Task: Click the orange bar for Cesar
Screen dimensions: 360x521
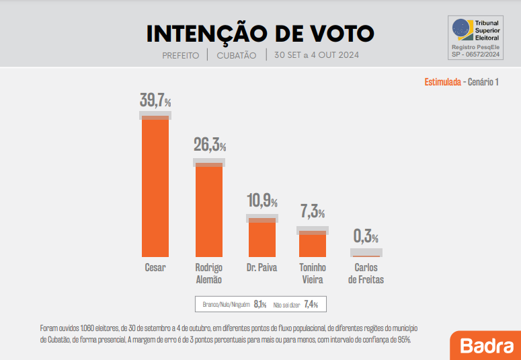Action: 155,187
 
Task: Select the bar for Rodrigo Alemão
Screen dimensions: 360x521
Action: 209,210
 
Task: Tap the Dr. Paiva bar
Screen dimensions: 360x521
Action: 262,238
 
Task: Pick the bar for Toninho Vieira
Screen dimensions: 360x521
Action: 313,245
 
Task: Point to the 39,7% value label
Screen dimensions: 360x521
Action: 155,101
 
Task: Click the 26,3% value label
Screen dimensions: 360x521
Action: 209,144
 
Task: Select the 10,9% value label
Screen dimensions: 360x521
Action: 262,201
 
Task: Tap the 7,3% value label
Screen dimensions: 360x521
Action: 313,212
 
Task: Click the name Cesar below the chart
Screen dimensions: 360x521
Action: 155,267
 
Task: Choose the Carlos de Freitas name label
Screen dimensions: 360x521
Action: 366,273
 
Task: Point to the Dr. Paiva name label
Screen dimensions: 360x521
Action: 262,267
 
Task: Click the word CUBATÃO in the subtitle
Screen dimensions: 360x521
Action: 237,55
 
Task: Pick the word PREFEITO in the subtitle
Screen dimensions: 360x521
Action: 181,55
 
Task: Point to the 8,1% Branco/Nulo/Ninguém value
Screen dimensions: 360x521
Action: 260,305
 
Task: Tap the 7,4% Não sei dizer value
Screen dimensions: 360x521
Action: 311,305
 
